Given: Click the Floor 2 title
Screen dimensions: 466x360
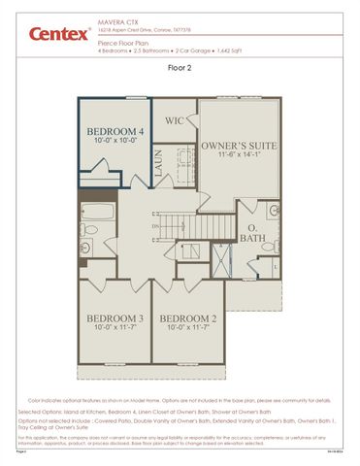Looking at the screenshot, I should (180, 69).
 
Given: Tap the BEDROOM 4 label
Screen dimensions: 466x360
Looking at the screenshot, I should (115, 131).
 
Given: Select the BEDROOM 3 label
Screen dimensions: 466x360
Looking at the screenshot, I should (115, 318).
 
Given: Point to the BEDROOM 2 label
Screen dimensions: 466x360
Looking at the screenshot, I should (187, 318).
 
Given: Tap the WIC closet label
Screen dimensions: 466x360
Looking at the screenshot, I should (175, 120).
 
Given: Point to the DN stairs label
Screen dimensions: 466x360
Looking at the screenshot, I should (155, 226).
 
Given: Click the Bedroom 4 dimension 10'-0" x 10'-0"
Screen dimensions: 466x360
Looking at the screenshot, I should (115, 142).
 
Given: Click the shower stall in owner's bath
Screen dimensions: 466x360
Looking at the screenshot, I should (224, 256).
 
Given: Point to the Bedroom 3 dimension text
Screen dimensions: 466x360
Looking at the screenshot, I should (115, 328).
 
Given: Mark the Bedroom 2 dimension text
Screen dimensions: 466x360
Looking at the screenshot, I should (187, 328).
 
